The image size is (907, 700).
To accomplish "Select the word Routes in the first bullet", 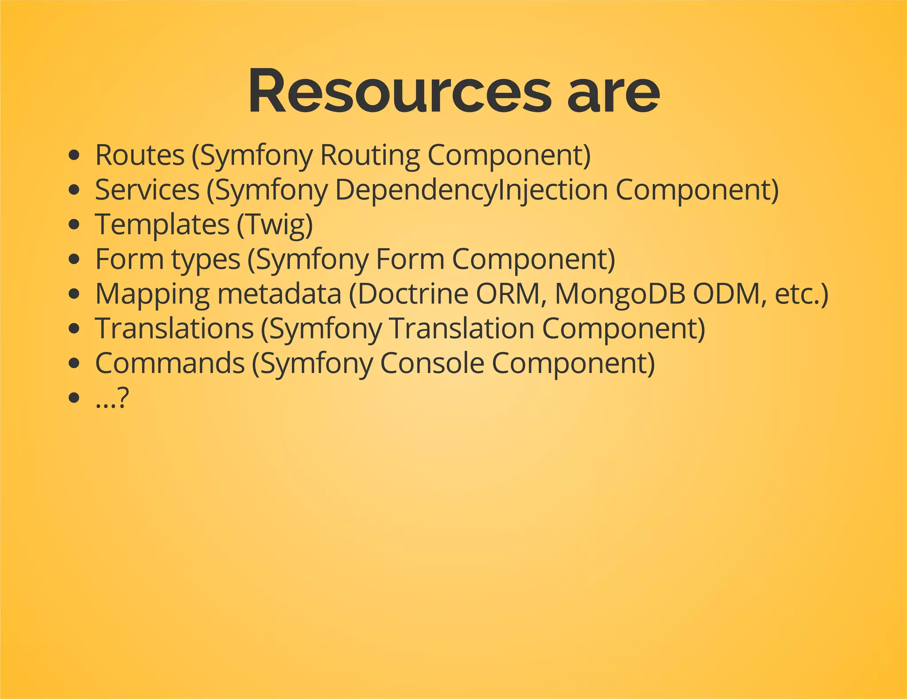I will [140, 155].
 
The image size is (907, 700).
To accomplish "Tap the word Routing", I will [370, 156].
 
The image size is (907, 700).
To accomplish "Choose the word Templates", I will [162, 224].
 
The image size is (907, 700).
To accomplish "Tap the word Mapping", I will [152, 294].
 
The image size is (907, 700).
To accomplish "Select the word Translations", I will [174, 328].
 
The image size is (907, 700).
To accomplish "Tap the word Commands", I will [170, 363].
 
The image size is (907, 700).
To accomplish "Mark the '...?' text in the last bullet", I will [112, 398].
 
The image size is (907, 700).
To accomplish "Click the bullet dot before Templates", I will [74, 224].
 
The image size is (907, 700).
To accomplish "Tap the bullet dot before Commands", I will [74, 363].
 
